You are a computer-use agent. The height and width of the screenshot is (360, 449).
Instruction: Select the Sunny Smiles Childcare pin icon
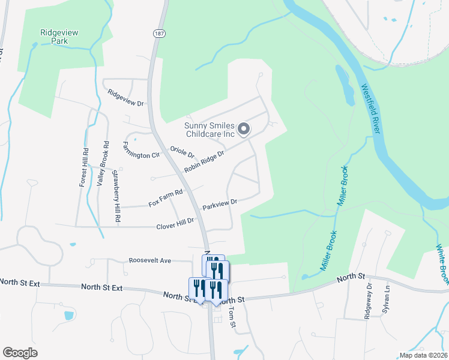(244, 129)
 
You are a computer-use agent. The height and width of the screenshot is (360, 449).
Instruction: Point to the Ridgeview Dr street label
(125, 98)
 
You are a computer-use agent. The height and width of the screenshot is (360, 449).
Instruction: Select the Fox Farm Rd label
(165, 199)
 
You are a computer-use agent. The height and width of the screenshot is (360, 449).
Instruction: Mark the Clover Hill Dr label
(175, 224)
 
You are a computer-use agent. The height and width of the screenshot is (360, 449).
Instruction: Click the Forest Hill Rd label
(83, 167)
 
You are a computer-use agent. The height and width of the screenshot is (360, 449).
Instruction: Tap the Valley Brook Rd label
(101, 163)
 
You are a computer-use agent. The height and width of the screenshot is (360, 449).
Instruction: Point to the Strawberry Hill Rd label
(117, 197)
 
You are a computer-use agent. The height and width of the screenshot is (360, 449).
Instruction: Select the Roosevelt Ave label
(150, 260)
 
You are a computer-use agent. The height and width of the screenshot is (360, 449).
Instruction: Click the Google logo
(20, 352)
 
